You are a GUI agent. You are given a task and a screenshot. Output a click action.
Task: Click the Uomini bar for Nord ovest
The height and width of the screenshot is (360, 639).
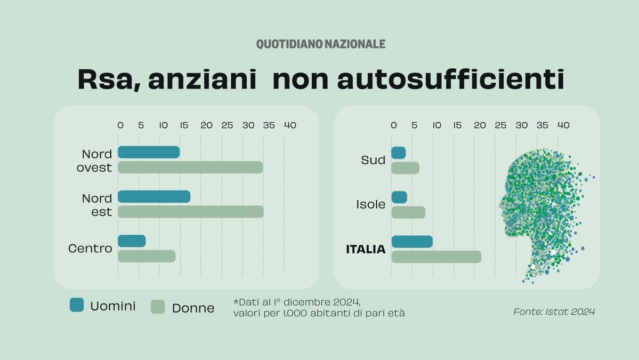click(149, 152)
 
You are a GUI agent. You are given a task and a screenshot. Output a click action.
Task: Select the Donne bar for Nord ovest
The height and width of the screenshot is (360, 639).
click(190, 167)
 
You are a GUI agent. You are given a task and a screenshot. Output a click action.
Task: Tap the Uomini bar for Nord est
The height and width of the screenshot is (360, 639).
click(154, 196)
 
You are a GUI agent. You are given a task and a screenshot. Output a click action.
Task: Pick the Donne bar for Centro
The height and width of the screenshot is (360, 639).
click(147, 256)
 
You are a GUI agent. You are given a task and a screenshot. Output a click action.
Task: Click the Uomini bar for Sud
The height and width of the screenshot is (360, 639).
click(399, 153)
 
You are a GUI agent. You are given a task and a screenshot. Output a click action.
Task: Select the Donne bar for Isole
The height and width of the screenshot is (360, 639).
click(408, 212)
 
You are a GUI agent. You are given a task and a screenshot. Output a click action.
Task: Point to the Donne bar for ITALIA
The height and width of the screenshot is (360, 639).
click(436, 257)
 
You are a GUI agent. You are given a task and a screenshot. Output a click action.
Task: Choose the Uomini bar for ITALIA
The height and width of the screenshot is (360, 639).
click(412, 242)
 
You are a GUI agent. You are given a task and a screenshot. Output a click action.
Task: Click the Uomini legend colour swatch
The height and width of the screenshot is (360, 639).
click(77, 305)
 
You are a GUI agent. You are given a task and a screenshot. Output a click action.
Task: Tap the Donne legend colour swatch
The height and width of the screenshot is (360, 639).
click(158, 307)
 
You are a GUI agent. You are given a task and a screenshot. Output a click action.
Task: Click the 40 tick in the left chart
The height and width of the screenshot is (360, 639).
click(290, 125)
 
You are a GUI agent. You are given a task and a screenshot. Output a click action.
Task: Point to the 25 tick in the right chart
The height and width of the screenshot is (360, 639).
click(500, 125)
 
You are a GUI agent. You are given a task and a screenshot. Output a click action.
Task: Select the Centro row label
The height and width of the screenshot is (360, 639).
click(90, 249)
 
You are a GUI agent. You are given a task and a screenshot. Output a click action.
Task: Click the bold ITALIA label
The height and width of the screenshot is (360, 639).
click(366, 249)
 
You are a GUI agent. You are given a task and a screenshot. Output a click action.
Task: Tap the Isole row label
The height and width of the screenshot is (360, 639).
click(371, 204)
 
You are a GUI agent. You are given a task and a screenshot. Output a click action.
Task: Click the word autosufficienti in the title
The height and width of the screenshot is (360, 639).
click(451, 79)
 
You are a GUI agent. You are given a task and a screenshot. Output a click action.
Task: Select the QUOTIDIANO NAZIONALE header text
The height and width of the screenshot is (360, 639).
click(321, 44)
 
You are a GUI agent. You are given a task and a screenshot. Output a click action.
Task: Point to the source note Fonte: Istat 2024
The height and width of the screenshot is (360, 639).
click(554, 312)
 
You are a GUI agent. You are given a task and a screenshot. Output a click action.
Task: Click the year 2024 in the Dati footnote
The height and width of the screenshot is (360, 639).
click(346, 302)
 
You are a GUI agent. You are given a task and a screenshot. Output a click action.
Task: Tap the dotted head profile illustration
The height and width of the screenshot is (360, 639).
click(542, 212)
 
